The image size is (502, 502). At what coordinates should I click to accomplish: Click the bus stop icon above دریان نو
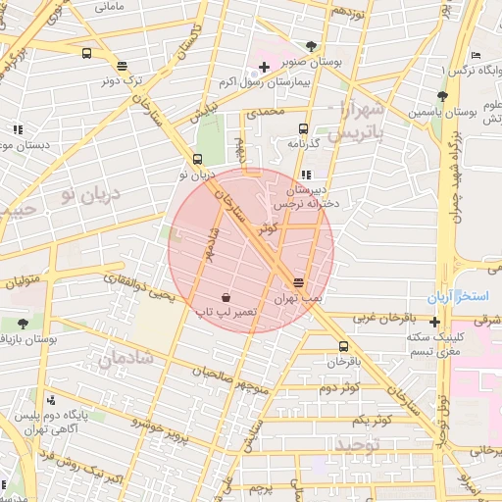coord(197,159)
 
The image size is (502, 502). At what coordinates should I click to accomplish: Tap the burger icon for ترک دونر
coord(121,67)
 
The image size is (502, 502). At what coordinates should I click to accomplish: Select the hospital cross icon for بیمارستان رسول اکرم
coord(263,66)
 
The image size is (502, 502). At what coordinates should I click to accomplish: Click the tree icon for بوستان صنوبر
coord(311,45)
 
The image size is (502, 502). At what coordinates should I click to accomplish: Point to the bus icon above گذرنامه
coord(303,128)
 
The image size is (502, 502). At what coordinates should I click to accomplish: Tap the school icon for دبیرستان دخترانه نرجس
coord(306,174)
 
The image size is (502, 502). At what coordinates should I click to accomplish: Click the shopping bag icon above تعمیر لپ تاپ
coord(226,296)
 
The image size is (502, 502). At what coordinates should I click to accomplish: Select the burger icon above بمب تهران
coord(298,282)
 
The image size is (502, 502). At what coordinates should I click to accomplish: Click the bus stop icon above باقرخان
coord(342,346)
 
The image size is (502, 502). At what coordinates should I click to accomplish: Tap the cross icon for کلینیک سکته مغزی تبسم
coord(434,321)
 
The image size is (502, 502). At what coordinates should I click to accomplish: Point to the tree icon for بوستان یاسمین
coord(442,96)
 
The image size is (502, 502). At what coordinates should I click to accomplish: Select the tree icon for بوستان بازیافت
coord(23,323)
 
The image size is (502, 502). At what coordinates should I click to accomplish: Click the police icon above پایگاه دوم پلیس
coord(50,400)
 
